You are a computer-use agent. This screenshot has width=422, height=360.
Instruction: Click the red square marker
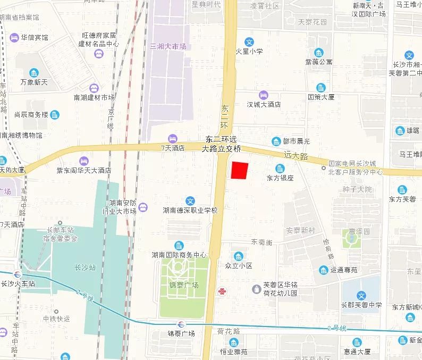240,171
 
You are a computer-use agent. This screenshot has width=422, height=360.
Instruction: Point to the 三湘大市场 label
168,47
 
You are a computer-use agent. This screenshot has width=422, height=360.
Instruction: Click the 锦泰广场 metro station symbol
182,324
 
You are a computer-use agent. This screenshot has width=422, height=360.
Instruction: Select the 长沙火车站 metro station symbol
18,274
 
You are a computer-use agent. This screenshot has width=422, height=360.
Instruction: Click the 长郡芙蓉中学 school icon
361,296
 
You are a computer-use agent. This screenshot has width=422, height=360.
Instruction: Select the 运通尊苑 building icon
324,270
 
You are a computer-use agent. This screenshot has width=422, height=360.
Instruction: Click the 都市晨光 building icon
276,141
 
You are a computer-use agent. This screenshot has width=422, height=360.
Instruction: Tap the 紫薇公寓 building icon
318,53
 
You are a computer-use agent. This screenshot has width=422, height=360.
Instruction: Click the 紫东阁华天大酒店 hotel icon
83,161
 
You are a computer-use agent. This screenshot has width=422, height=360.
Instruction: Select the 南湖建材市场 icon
94,88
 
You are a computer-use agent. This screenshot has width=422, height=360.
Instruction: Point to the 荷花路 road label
229,331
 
